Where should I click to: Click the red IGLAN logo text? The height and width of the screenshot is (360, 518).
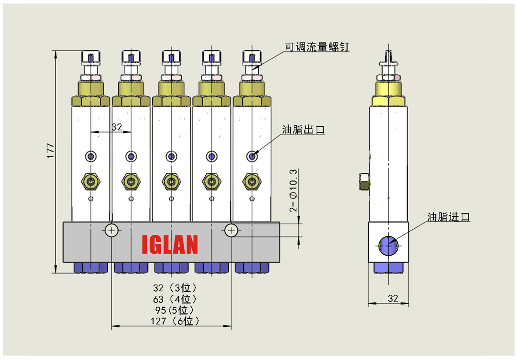point(170,244)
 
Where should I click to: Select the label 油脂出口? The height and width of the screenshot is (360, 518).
point(303,130)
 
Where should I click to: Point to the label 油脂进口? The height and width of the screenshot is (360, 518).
point(448,217)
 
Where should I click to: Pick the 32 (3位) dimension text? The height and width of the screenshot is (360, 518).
point(175,288)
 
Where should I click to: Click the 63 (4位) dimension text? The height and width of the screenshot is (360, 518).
point(175,299)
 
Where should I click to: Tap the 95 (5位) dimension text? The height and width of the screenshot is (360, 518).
point(174,310)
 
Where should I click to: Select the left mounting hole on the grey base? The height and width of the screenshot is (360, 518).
point(112,230)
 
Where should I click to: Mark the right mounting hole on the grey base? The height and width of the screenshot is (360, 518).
point(231,230)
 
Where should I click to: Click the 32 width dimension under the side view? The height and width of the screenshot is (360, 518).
point(393,298)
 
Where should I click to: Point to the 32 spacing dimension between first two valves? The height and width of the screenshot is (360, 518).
point(117,127)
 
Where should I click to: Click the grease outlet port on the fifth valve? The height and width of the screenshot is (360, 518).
point(252,156)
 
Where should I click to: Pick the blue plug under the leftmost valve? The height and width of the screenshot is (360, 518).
point(91,267)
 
